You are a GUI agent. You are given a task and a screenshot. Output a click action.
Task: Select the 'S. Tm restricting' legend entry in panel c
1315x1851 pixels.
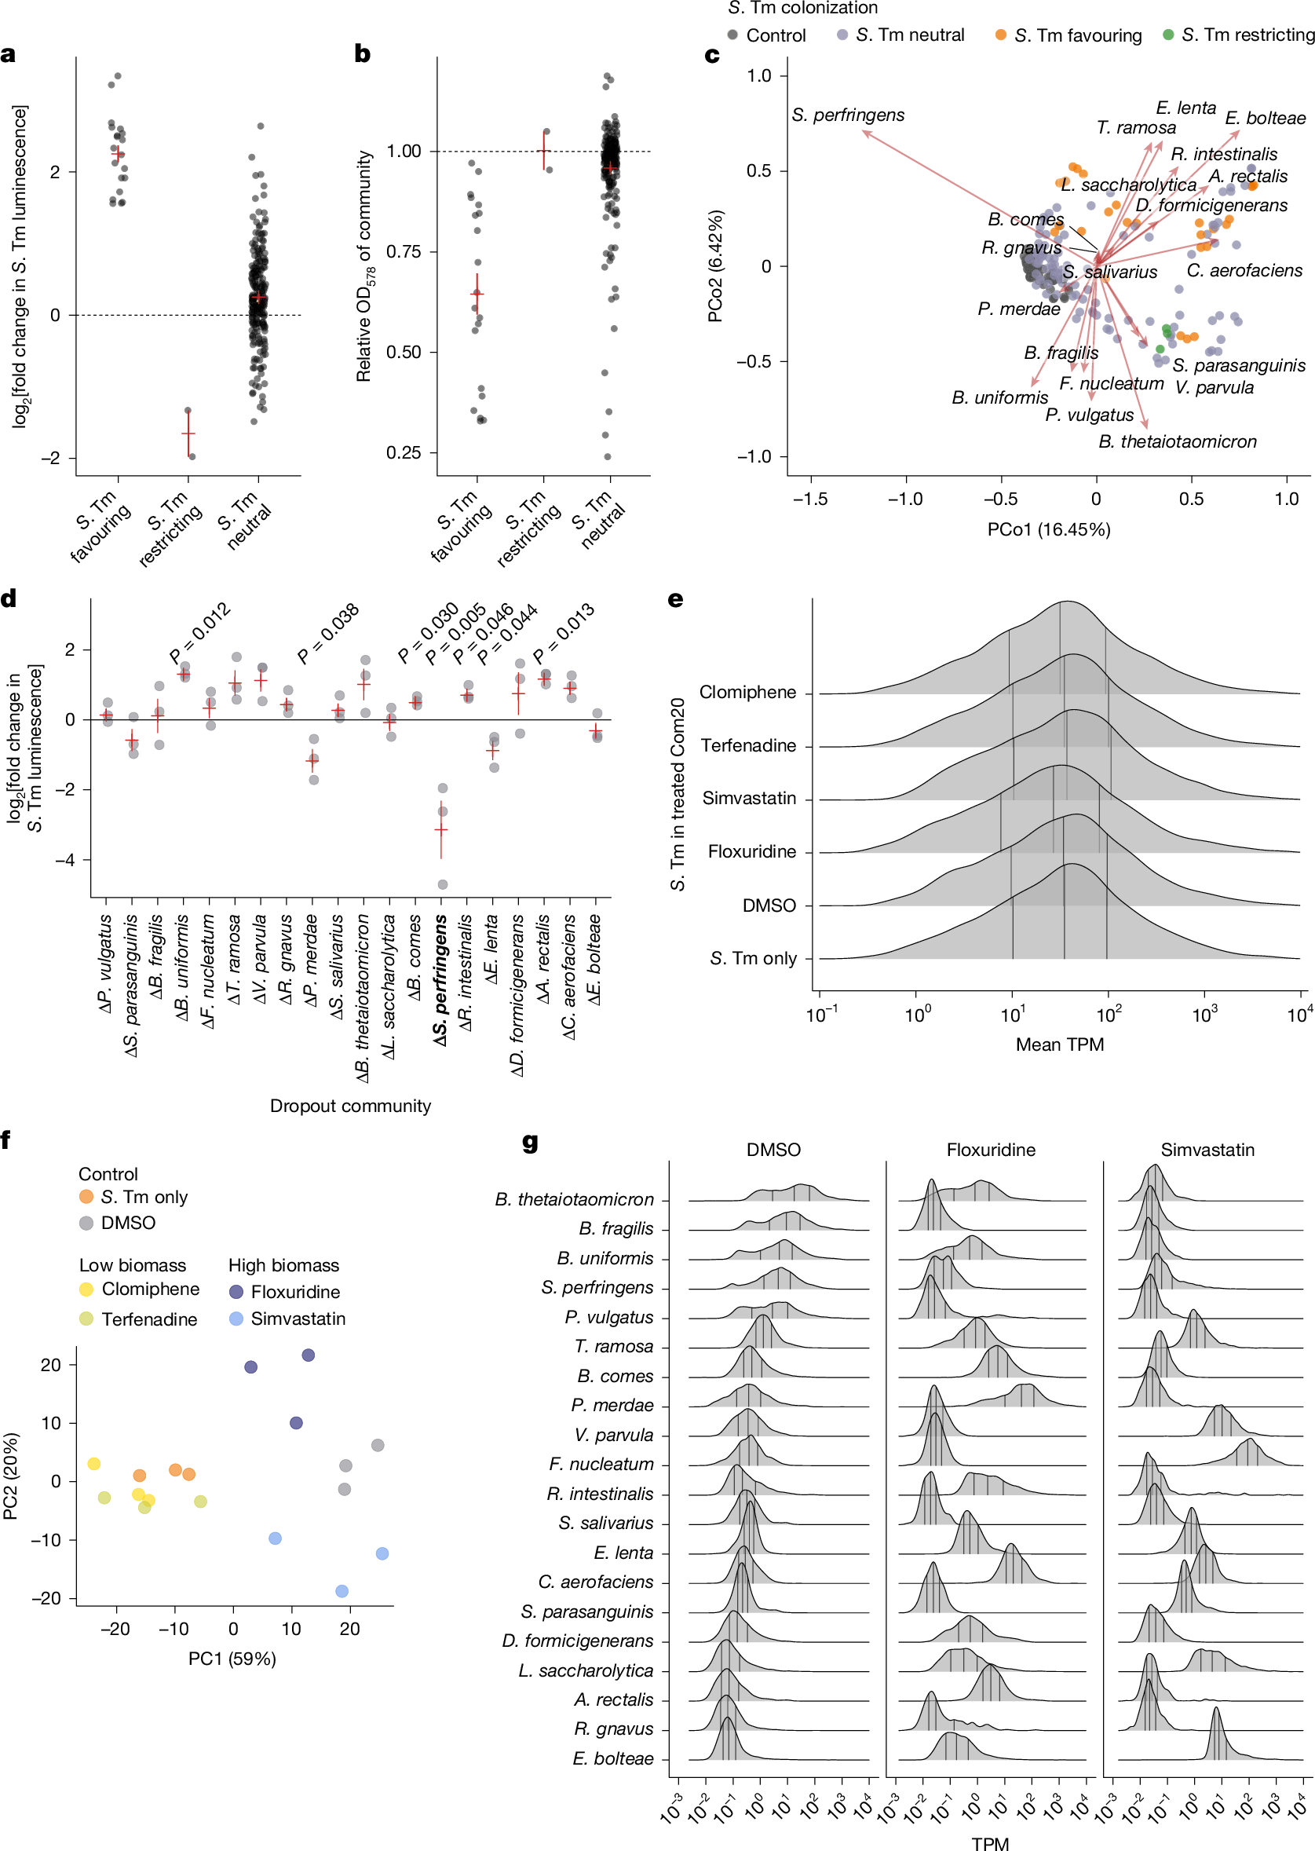pyautogui.click(x=1238, y=35)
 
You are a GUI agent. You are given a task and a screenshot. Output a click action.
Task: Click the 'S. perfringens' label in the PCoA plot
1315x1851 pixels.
pyautogui.click(x=848, y=115)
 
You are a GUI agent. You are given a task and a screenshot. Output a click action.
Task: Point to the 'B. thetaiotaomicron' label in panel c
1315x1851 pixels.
pyautogui.click(x=1178, y=441)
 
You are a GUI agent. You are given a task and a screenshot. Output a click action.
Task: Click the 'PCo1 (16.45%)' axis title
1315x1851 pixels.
pyautogui.click(x=1049, y=529)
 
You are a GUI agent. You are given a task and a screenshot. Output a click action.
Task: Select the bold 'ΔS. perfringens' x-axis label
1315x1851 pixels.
pyautogui.click(x=440, y=980)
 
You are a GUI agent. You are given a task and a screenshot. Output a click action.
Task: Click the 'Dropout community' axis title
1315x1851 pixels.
pyautogui.click(x=350, y=1106)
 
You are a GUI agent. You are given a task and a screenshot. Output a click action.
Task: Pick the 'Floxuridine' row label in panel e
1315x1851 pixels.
pyautogui.click(x=751, y=851)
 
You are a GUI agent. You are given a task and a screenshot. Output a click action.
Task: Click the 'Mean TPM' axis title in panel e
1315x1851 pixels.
pyautogui.click(x=1059, y=1044)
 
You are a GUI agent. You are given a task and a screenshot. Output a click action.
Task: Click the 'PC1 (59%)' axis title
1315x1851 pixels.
pyautogui.click(x=232, y=1659)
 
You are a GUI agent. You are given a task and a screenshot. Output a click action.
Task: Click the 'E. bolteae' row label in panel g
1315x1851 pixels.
pyautogui.click(x=613, y=1758)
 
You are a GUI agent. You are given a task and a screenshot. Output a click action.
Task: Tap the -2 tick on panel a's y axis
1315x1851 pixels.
pyautogui.click(x=51, y=459)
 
